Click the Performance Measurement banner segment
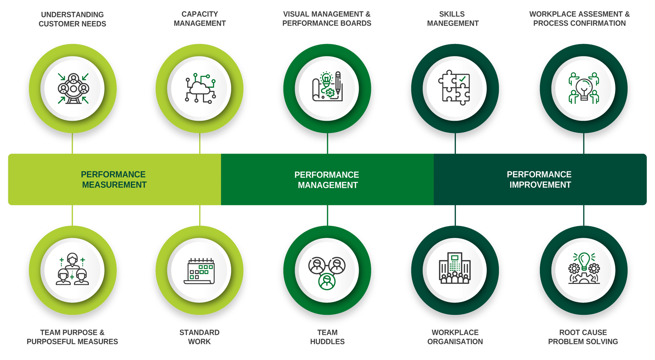[x=114, y=180]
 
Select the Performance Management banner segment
[x=327, y=180]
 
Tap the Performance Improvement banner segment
[x=540, y=180]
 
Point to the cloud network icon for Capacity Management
[x=200, y=88]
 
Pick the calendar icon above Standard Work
[x=200, y=270]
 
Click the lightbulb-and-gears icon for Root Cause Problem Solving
[x=583, y=268]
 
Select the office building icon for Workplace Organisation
[x=454, y=268]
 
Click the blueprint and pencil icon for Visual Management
[x=327, y=87]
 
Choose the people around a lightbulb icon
[x=583, y=88]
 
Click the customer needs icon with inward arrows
[x=73, y=88]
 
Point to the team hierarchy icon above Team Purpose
[x=72, y=270]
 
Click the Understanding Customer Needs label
[x=72, y=19]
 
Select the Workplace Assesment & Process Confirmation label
[x=579, y=19]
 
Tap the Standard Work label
[x=200, y=337]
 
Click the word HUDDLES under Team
[x=327, y=342]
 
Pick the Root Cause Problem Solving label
[x=583, y=337]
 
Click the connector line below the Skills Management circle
[x=455, y=143]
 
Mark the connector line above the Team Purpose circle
[x=72, y=215]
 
